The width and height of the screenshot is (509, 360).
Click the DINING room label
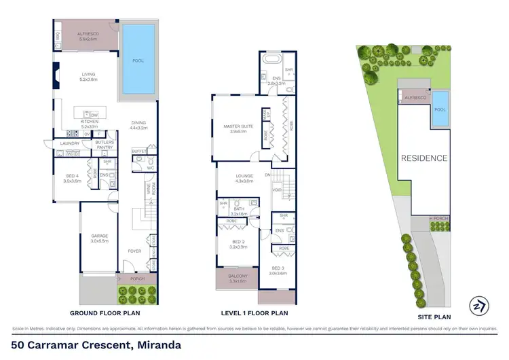tap(138, 123)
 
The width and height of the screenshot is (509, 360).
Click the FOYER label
tap(134, 251)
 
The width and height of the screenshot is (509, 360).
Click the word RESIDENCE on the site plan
tap(423, 158)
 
